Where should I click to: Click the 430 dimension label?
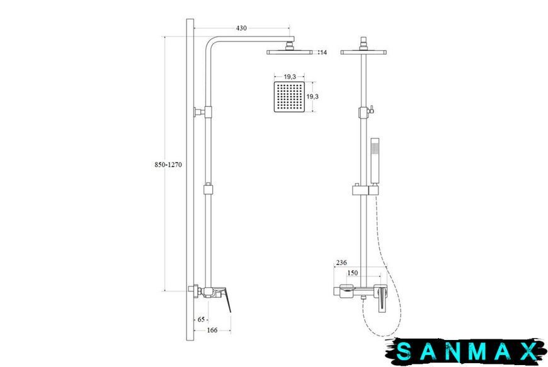[x=241, y=28]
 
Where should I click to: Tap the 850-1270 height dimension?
[x=168, y=164]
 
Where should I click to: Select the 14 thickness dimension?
[x=323, y=52]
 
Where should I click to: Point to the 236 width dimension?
[x=341, y=263]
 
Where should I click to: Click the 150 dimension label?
[x=352, y=273]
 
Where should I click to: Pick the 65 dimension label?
[x=201, y=320]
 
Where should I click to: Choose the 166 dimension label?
[x=212, y=330]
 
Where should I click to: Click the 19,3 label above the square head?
[x=290, y=77]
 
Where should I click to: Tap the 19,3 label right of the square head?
[x=312, y=96]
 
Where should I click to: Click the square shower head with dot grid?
[x=289, y=97]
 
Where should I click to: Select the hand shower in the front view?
[x=375, y=161]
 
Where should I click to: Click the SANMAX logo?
[x=467, y=351]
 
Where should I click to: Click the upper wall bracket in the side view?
[x=203, y=112]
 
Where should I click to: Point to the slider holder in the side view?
[x=208, y=189]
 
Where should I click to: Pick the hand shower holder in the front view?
[x=365, y=190]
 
